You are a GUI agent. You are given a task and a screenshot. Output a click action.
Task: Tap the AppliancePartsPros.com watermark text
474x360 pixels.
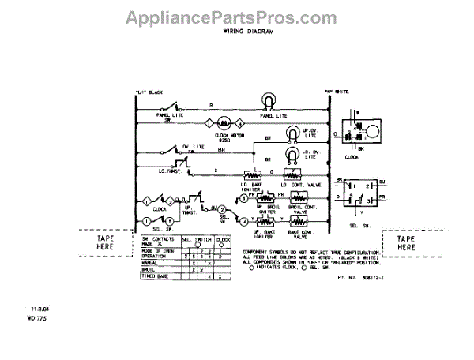click(x=236, y=15)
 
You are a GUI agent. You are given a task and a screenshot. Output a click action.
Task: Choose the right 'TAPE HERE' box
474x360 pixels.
click(x=405, y=242)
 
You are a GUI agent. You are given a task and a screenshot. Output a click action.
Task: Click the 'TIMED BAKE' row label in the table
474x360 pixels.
click(x=158, y=276)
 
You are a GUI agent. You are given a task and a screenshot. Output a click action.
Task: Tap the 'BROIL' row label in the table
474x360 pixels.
click(x=149, y=269)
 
